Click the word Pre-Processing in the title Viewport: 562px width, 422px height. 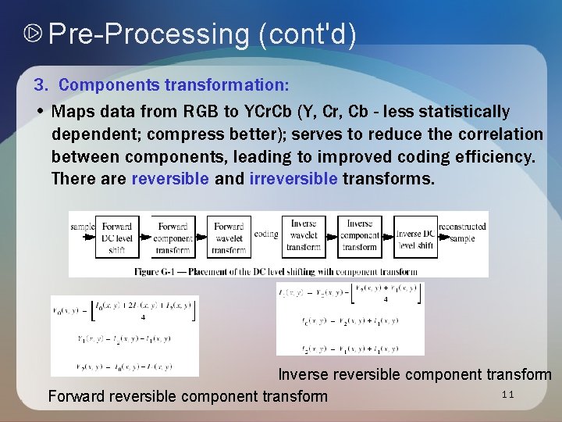145,34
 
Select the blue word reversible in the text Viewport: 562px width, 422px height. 169,178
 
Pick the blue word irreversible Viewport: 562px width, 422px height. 293,178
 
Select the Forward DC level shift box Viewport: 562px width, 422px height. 117,236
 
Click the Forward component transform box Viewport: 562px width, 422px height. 173,236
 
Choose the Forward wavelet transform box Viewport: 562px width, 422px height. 229,236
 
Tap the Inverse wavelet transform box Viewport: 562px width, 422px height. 304,236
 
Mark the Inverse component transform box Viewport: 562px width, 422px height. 360,236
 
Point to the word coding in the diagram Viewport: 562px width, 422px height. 266,234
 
